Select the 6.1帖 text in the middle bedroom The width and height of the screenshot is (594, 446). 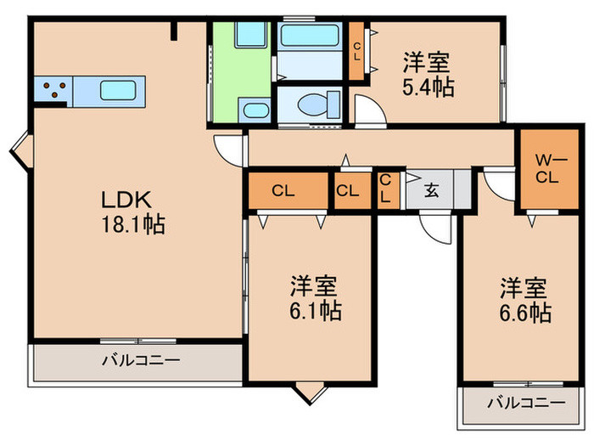click(313, 311)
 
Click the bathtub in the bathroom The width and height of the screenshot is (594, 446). click(310, 37)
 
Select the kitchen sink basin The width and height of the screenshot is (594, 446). click(115, 90)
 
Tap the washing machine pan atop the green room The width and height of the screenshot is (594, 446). click(252, 36)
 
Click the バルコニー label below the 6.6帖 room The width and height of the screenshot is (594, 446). click(526, 403)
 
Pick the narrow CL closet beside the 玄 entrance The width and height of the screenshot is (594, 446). click(385, 189)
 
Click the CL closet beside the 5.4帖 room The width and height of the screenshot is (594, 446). click(357, 52)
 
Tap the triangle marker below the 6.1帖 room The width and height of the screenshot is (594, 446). click(310, 392)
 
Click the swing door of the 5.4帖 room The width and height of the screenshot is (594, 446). click(367, 110)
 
